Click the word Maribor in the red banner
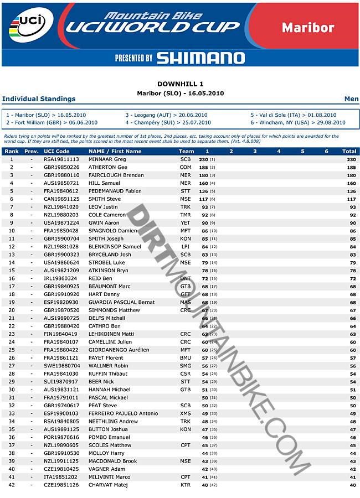click(x=307, y=27)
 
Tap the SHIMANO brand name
click(x=200, y=58)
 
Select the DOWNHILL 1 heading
click(x=180, y=84)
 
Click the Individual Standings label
click(x=39, y=99)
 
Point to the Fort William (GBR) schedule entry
click(x=52, y=123)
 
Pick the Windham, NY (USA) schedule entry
click(x=298, y=123)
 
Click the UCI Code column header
click(x=56, y=151)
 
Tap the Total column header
click(x=349, y=151)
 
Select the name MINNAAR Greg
click(x=107, y=159)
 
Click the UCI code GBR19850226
click(x=61, y=167)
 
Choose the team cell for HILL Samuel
click(x=186, y=183)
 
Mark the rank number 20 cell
click(x=12, y=310)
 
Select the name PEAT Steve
click(x=102, y=406)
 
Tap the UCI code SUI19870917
click(x=61, y=382)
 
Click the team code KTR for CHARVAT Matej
click(x=186, y=485)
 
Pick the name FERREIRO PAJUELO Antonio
click(x=123, y=414)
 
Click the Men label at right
click(x=351, y=99)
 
